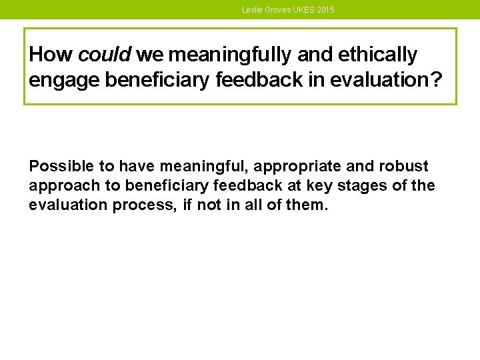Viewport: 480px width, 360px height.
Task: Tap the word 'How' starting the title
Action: click(x=46, y=54)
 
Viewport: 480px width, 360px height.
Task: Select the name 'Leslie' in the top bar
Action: click(x=252, y=10)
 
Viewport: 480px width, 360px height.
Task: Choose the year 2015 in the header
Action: click(x=327, y=10)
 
